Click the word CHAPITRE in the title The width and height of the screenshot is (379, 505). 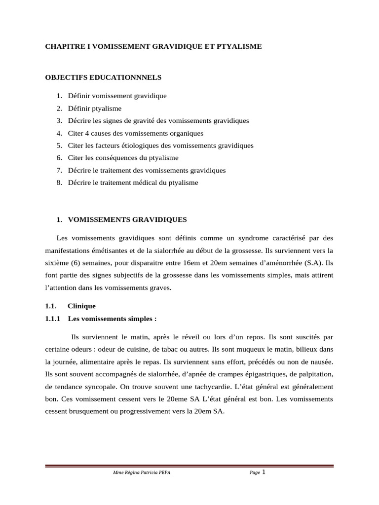(62, 46)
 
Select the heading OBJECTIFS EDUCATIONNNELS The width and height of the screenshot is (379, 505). (103, 77)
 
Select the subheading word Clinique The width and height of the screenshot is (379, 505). (81, 306)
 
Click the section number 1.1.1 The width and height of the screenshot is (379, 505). (52, 319)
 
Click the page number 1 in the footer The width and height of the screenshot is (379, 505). (264, 472)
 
